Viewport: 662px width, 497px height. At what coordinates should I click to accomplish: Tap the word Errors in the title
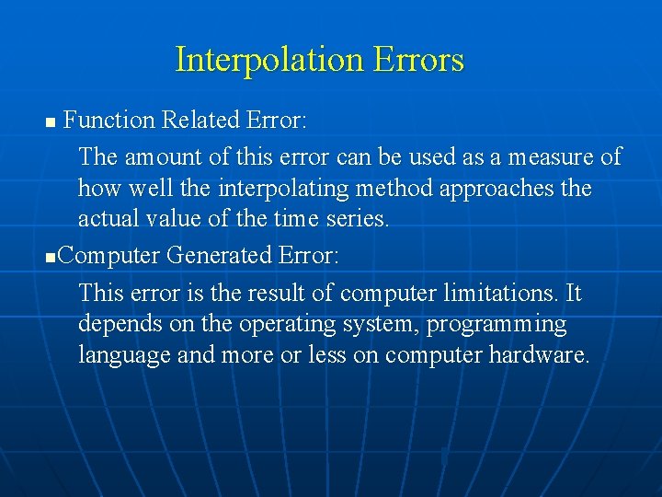418,61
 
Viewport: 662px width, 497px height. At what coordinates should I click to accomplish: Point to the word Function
108,121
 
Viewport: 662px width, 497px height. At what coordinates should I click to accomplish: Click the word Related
200,121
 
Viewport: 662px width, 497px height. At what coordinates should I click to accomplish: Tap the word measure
550,157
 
